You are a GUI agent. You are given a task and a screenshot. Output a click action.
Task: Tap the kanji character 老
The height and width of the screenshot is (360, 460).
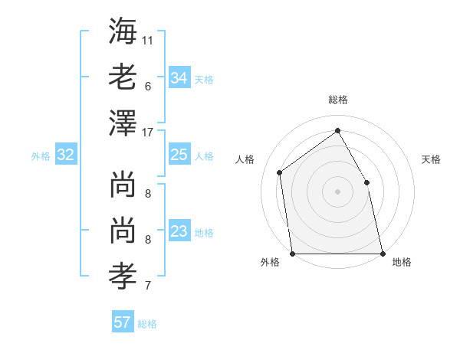[x=123, y=77]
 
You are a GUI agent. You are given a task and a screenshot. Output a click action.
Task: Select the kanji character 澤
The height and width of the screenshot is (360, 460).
[x=123, y=124]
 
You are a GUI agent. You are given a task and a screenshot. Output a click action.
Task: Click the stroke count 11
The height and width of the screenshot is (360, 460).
[x=148, y=38]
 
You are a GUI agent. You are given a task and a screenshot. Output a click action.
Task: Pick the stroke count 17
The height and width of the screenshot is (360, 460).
[x=148, y=132]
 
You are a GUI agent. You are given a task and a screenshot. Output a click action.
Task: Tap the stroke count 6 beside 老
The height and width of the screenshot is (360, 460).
[x=147, y=86]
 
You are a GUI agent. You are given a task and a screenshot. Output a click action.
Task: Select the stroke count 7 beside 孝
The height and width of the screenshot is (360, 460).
[x=147, y=286]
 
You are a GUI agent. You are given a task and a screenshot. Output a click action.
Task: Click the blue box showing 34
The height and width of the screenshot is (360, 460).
[x=179, y=78]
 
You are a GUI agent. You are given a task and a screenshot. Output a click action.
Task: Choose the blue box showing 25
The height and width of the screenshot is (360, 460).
[x=179, y=155]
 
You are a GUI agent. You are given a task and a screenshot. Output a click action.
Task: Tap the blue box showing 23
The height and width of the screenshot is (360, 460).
[x=179, y=232]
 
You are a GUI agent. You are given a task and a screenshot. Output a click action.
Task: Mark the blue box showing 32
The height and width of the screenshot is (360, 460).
[x=66, y=155]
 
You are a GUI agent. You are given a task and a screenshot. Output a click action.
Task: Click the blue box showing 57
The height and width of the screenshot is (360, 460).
[x=122, y=322]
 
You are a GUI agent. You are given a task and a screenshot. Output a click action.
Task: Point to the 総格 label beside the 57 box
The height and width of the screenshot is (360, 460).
[x=147, y=324]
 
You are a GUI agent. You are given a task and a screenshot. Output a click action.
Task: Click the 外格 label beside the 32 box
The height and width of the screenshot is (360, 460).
[x=41, y=156]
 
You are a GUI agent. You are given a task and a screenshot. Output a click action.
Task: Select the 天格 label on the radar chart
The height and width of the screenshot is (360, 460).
[x=431, y=160]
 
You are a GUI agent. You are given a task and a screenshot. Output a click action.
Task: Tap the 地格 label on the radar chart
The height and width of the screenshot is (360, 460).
[x=402, y=262]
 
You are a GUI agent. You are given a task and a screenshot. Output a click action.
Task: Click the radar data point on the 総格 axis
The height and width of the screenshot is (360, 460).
[x=337, y=131]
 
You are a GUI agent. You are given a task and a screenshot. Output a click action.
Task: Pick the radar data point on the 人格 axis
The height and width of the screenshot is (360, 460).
[x=279, y=172]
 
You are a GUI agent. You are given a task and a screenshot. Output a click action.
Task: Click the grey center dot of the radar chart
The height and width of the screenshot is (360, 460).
[x=337, y=191]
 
